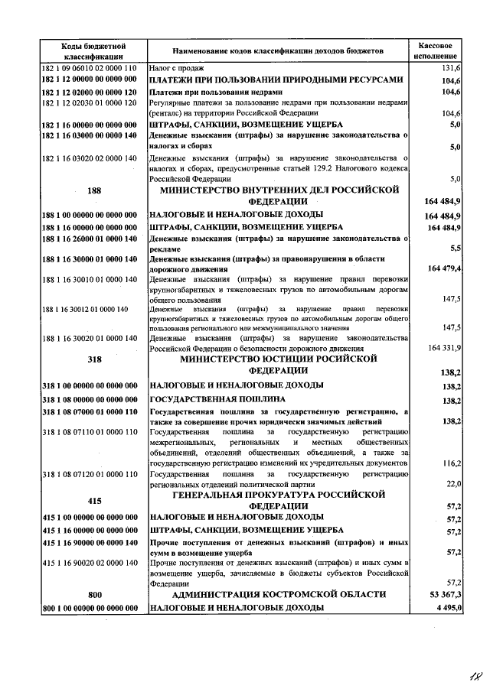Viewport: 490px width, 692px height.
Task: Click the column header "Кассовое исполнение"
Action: (436, 50)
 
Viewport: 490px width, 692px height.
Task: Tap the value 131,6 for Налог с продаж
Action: (449, 68)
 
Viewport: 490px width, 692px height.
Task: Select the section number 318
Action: (95, 358)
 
